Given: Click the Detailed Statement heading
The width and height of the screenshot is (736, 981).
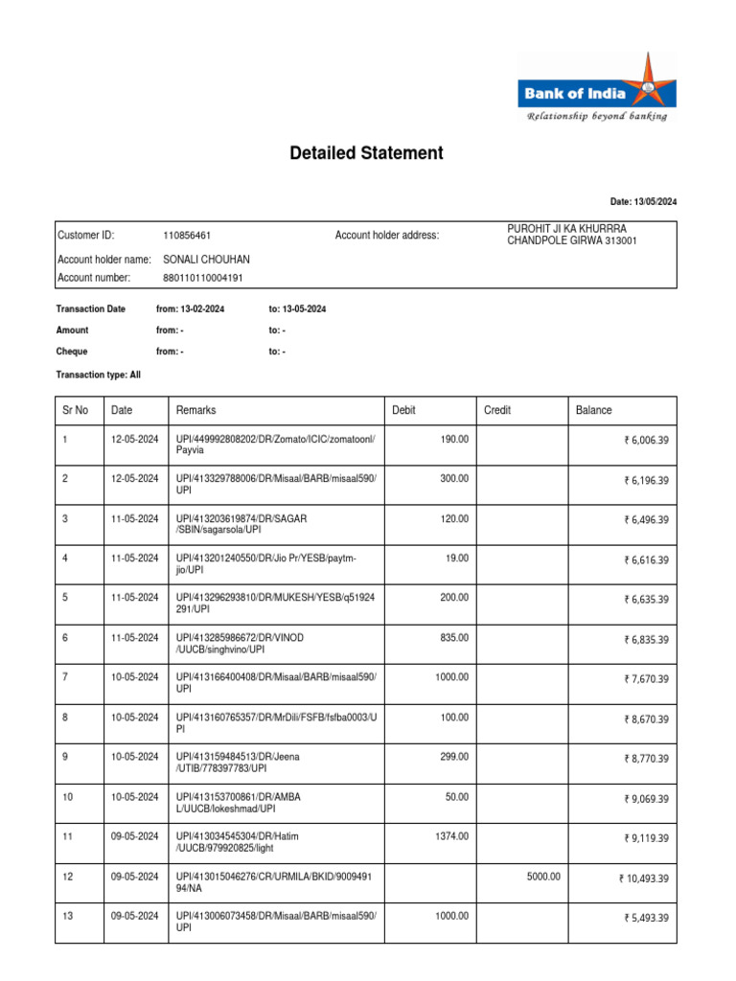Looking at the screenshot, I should (x=367, y=153).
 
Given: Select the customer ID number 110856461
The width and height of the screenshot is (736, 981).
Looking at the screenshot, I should (x=188, y=236).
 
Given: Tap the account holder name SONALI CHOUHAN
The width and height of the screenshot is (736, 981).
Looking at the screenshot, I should (x=207, y=259).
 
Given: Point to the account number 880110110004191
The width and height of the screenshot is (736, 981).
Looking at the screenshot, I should (x=203, y=278).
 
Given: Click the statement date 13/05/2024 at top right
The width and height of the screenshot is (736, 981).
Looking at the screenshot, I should (x=643, y=201).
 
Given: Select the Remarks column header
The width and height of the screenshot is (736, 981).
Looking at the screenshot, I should (x=195, y=410).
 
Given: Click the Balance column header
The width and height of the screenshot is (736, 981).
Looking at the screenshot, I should (x=593, y=410).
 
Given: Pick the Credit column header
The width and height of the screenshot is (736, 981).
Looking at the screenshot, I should (x=497, y=410).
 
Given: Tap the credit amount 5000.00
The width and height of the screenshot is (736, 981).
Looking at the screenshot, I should (x=542, y=876).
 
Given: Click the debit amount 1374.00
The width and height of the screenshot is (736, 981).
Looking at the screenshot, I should (x=452, y=836).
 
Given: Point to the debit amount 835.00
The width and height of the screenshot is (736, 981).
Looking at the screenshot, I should (x=454, y=637).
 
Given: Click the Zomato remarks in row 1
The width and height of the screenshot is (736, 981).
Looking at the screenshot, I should (x=276, y=445).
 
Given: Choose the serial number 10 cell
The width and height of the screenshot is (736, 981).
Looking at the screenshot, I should (x=67, y=797).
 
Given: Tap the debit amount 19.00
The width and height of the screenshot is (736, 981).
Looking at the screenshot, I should (x=457, y=557).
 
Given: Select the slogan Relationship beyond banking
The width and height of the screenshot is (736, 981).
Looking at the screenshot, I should (x=595, y=116).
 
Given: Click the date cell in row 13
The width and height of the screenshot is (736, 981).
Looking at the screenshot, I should (x=133, y=916).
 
